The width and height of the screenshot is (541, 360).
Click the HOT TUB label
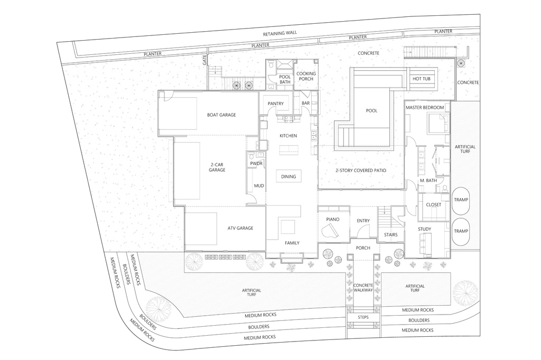point(421,79)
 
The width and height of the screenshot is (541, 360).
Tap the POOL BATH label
point(285,79)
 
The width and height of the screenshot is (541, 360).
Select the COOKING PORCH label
point(306,76)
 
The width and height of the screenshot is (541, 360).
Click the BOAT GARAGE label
point(221,115)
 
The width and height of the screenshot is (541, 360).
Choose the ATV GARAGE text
point(240,228)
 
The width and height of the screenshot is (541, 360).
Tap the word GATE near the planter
point(204,60)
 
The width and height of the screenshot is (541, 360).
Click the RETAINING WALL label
point(280,33)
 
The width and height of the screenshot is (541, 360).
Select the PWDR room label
point(256,164)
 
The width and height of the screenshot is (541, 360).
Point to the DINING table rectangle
point(288,176)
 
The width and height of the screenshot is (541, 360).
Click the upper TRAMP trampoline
point(461,200)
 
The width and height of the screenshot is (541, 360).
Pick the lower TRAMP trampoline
point(461,231)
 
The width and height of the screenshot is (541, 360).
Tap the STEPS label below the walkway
point(363,317)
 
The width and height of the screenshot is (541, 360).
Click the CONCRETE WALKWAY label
point(363,288)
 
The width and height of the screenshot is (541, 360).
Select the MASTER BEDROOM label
point(425,108)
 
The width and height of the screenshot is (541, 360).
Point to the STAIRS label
point(391,235)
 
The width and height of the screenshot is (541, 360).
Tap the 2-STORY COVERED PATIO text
point(360,170)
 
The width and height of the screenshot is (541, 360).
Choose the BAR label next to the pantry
point(306,103)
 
